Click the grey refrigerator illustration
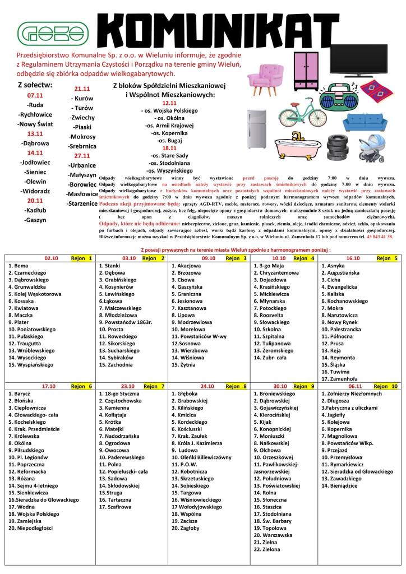click(257, 127)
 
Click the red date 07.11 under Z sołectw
click(35, 95)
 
